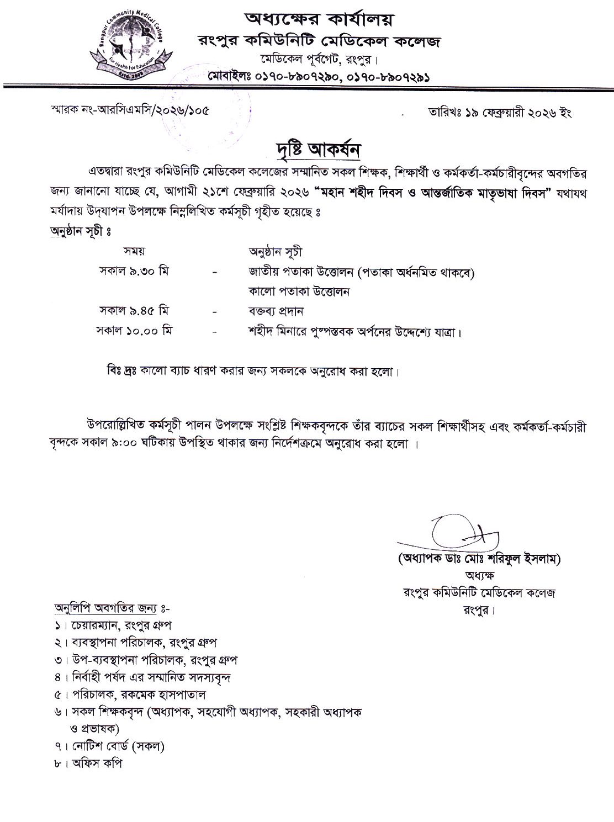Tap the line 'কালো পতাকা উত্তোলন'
click(x=299, y=291)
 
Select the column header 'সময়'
click(x=134, y=251)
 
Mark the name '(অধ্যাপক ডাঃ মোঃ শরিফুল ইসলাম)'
click(x=479, y=559)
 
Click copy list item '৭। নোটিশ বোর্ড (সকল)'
click(x=110, y=746)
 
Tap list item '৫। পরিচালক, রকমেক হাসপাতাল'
click(x=130, y=694)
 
